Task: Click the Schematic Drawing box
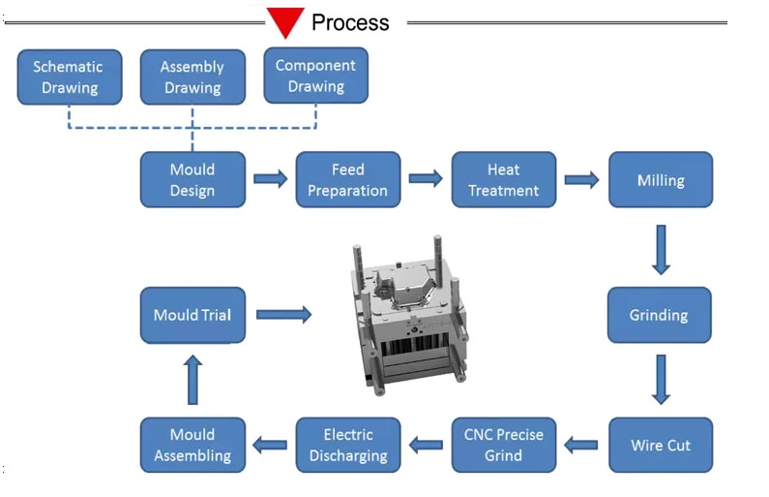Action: pos(70,78)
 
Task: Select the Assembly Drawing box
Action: pos(192,78)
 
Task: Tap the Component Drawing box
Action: pos(315,76)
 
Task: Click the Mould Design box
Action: pos(192,180)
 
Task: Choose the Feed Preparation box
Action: pos(347,180)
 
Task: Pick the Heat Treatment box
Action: pos(503,180)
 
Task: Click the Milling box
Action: pos(660,180)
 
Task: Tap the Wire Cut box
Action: pos(660,446)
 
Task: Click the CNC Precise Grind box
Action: pos(503,446)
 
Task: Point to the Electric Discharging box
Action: pos(348,446)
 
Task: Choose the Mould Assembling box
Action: pos(192,446)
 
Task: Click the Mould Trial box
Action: pos(192,315)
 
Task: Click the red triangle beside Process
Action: pos(286,21)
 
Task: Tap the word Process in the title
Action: pos(350,22)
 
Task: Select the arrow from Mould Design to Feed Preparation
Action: pos(271,179)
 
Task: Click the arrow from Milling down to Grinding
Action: pos(661,249)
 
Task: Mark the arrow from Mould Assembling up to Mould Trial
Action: pos(192,380)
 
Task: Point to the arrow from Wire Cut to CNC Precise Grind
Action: pos(581,446)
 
